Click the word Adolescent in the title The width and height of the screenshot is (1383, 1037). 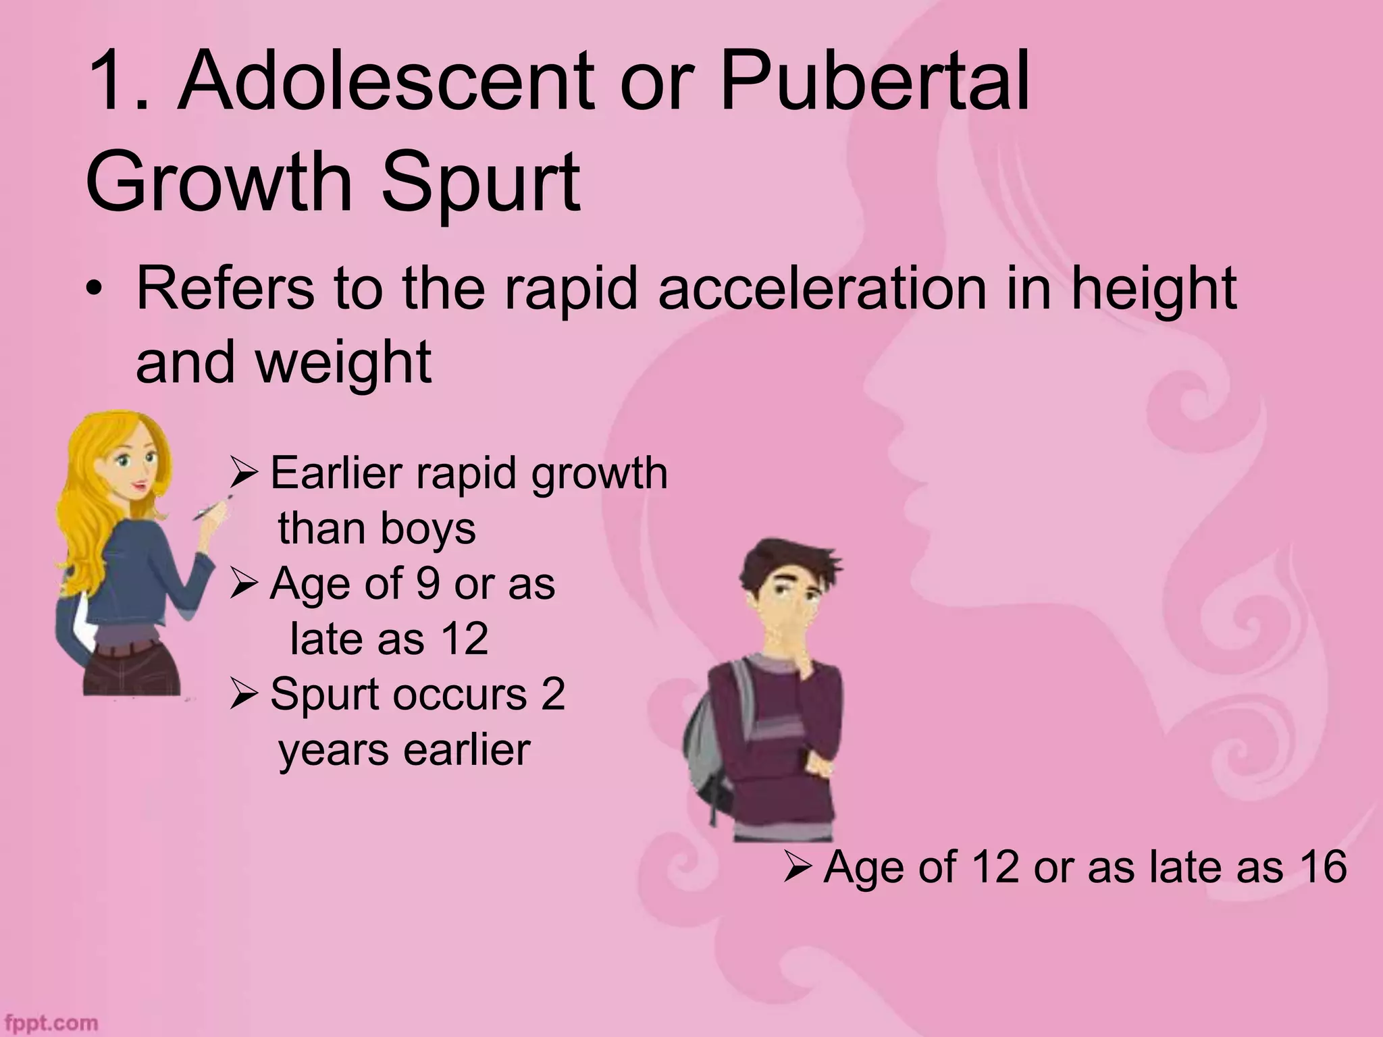386,84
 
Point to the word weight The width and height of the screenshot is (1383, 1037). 344,363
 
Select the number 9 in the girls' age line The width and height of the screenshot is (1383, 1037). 427,584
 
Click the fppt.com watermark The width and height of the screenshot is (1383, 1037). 51,1023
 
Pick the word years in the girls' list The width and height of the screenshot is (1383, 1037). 324,751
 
